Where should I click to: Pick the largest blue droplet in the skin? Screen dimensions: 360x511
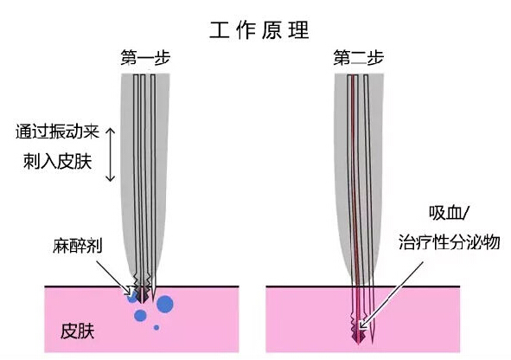pos(165,304)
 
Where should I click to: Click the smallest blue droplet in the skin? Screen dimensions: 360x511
pos(156,327)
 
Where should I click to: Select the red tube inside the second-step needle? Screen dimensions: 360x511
pos(354,173)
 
